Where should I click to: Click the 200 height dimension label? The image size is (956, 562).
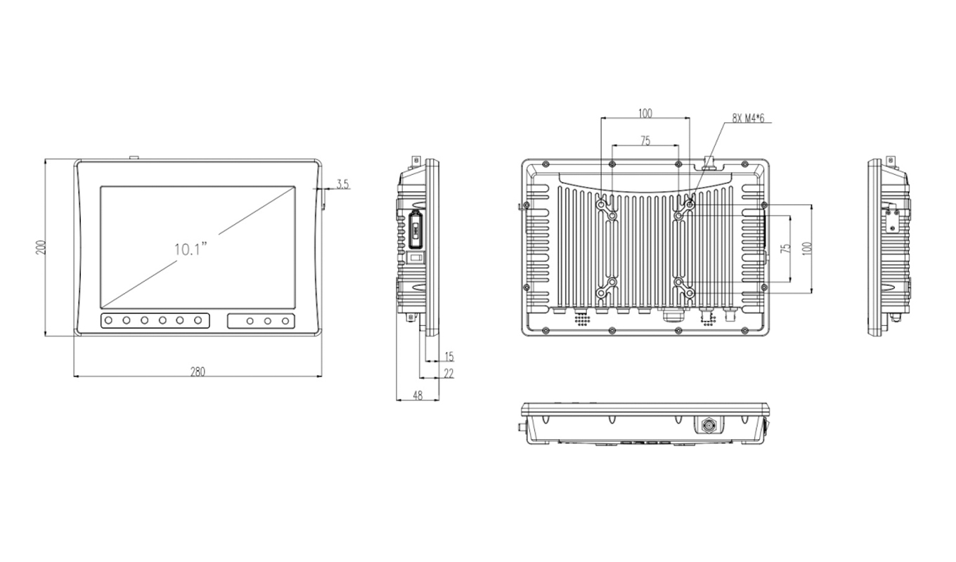point(41,247)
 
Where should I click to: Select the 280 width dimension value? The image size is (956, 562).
point(198,372)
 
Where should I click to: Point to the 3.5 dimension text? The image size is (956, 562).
point(342,184)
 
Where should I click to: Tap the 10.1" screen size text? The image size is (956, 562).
point(191,249)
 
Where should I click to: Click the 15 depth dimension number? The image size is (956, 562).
point(448,357)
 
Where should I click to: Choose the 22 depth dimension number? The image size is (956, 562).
point(448,374)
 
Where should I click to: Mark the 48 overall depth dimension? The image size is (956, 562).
point(418,396)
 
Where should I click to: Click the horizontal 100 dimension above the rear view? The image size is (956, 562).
point(645,113)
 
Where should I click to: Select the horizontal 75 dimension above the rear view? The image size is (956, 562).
point(645,140)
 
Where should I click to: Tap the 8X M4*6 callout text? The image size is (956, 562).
point(748,118)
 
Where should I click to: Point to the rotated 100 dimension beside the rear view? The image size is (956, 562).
point(806,248)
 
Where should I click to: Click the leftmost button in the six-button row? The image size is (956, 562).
point(109,321)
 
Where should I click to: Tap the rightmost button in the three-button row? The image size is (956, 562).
point(285,321)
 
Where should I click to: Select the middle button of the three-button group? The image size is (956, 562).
point(268,321)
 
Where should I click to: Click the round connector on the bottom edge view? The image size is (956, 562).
point(706,424)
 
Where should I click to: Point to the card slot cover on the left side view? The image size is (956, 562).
point(415,229)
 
